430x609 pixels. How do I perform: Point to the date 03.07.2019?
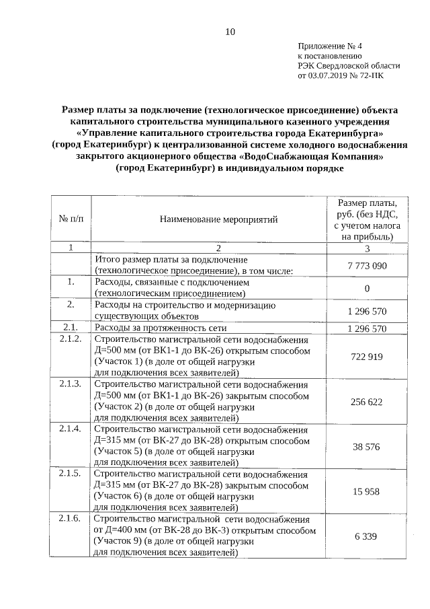click(329, 76)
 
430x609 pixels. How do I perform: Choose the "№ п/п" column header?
click(71, 219)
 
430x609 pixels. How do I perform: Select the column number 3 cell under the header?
click(367, 248)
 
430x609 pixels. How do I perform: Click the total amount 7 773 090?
click(367, 266)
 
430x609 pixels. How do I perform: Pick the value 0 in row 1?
click(367, 289)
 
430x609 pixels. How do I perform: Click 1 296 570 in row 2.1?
click(367, 329)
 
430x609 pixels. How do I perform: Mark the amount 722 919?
click(367, 356)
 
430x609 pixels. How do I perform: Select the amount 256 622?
click(367, 401)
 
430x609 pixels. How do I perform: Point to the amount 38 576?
click(367, 446)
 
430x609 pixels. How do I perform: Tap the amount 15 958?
click(367, 491)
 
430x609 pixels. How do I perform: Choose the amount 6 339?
click(367, 536)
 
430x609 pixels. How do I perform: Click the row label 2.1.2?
click(71, 338)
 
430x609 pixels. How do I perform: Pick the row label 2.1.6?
click(71, 519)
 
